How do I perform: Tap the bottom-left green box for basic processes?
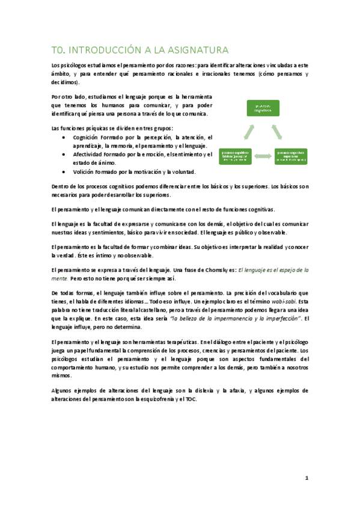coord(239,156)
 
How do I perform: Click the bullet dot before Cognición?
coord(64,138)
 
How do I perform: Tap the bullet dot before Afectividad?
coord(64,155)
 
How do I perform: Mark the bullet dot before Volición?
coord(64,171)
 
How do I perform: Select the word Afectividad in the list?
coord(91,155)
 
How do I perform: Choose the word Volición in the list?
coord(85,171)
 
